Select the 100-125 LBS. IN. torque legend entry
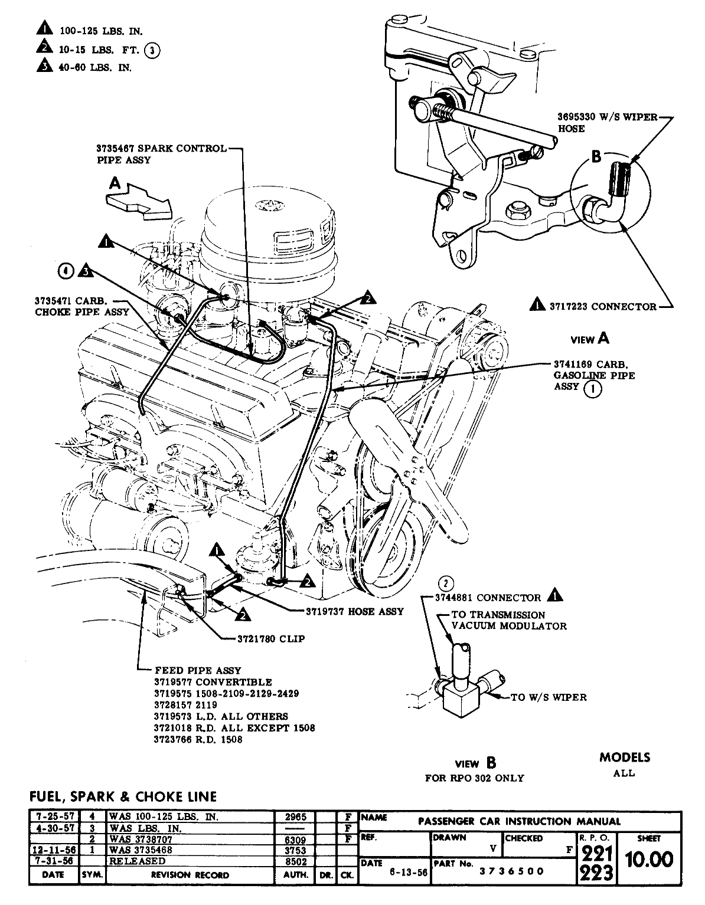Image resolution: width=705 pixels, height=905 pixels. click(102, 30)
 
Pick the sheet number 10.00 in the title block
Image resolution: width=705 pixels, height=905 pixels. click(649, 860)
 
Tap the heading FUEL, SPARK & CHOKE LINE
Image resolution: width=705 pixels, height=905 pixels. click(123, 796)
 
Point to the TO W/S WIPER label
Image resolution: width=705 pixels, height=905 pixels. click(549, 697)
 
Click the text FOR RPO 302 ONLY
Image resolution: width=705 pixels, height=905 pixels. click(474, 778)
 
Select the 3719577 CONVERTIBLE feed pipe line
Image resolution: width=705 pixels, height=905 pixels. click(213, 682)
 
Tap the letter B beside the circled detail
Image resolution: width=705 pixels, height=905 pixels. click(596, 156)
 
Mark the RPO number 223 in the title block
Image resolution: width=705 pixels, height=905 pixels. click(596, 873)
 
